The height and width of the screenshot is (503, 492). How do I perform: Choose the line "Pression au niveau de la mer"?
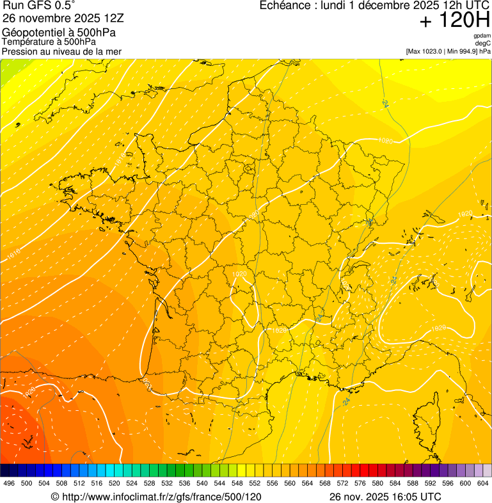tap(61, 51)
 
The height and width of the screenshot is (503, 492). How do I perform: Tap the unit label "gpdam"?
tap(482, 36)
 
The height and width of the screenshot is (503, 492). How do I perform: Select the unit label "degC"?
tap(483, 44)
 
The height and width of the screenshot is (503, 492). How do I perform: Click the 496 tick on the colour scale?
tap(9, 484)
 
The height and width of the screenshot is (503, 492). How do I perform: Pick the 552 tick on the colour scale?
tap(255, 484)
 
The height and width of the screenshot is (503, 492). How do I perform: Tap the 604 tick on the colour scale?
tap(483, 484)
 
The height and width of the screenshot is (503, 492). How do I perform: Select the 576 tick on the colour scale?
tap(360, 484)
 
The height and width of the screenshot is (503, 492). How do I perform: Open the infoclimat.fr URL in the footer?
tap(155, 497)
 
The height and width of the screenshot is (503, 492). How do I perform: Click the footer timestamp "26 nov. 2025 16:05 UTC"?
tap(385, 497)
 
